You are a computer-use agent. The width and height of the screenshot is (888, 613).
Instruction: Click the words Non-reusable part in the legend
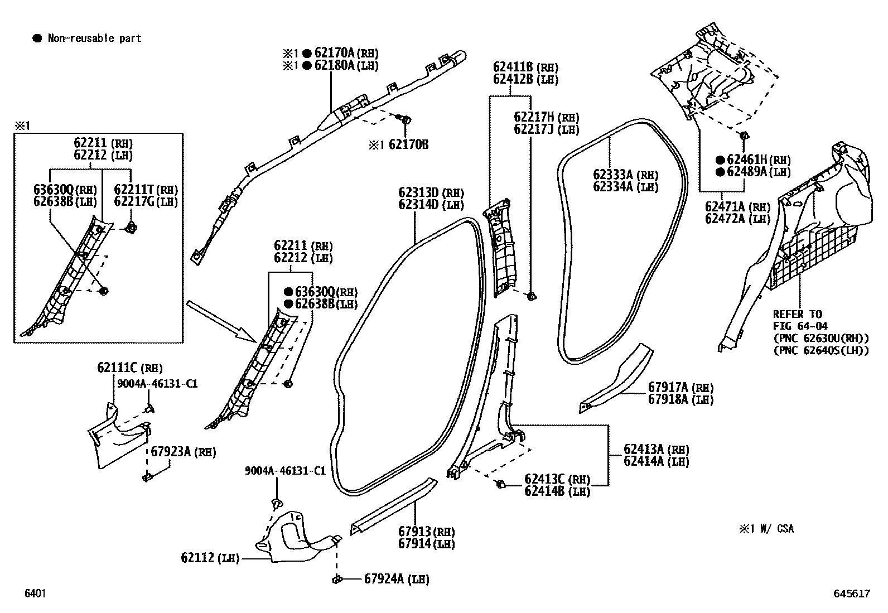[x=94, y=38]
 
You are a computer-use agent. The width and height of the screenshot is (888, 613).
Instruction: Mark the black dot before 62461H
[x=720, y=160]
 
